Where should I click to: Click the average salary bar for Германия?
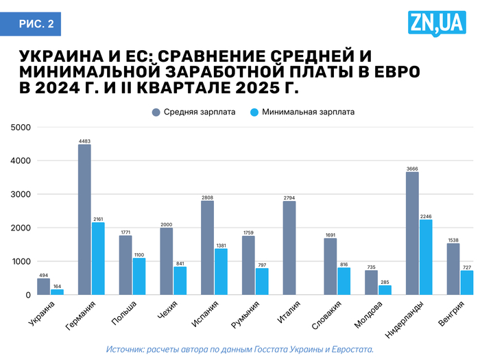click(x=84, y=219)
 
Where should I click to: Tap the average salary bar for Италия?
click(x=289, y=248)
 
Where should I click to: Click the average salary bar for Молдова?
click(x=371, y=283)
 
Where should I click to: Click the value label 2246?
click(x=426, y=216)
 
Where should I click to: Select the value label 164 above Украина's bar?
click(x=57, y=287)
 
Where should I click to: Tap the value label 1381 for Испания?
click(x=221, y=245)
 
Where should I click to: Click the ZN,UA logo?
click(x=435, y=25)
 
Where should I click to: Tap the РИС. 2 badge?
click(x=35, y=24)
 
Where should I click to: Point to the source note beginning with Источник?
click(x=240, y=349)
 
